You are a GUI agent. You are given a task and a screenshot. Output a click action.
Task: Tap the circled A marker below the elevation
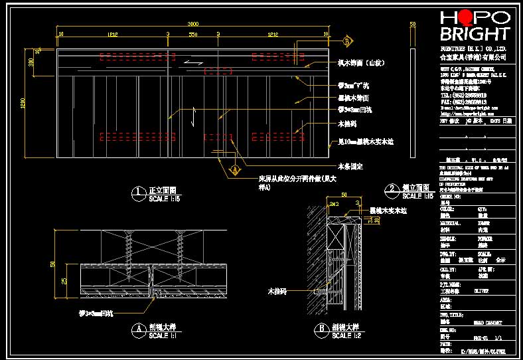pos(234,170)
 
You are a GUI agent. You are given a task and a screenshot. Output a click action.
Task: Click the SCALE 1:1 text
pos(162,336)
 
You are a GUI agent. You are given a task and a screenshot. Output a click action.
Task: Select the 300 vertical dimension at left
pos(31,62)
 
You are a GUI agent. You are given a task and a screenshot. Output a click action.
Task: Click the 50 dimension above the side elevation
pos(412,24)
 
